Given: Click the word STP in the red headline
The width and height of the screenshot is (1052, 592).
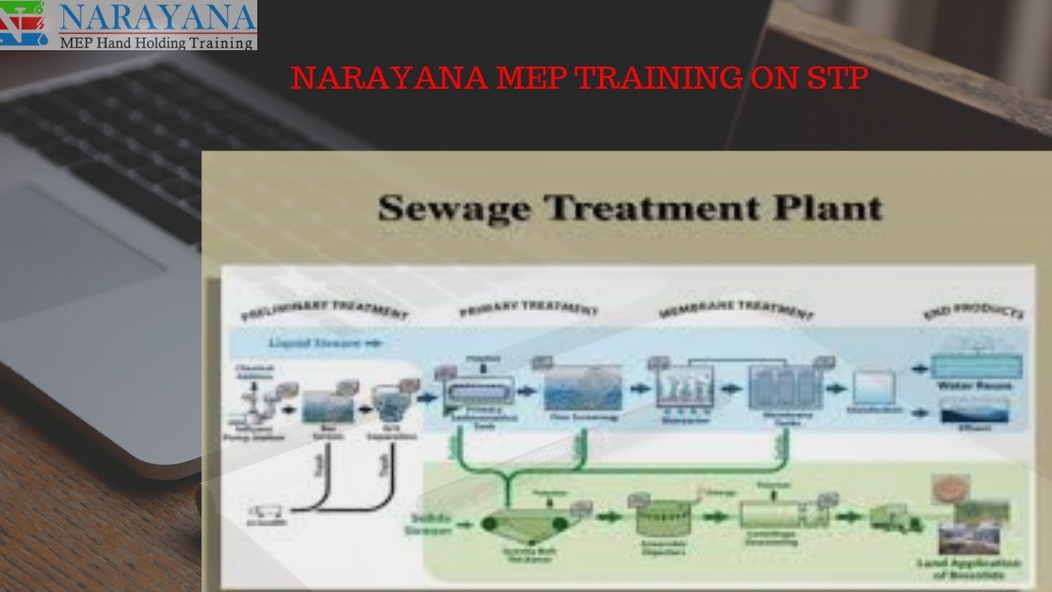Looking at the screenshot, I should [837, 78].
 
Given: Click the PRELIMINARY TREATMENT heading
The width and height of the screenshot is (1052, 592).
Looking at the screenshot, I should [324, 312].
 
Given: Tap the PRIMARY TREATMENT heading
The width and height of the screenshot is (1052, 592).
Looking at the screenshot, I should [528, 312].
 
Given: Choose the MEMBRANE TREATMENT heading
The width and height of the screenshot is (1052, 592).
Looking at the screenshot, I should [736, 312].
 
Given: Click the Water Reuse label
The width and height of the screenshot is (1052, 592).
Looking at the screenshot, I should [976, 386].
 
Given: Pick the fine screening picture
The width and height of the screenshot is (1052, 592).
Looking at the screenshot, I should [583, 387].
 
